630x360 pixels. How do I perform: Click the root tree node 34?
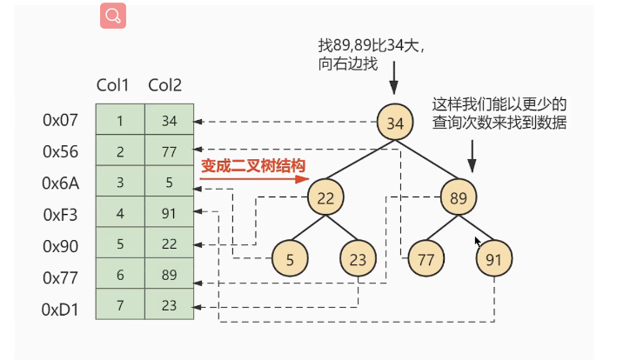click(394, 123)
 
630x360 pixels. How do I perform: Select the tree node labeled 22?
click(325, 197)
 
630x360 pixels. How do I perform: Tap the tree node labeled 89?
click(458, 197)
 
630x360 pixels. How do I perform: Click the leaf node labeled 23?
click(358, 258)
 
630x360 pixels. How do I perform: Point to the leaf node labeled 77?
click(426, 258)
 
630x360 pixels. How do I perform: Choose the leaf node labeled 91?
click(493, 258)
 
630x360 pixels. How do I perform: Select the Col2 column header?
click(164, 84)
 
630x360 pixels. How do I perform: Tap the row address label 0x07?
click(61, 120)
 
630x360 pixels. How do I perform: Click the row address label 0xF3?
click(61, 214)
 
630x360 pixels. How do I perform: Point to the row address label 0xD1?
click(61, 308)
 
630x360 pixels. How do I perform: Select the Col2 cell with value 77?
click(169, 151)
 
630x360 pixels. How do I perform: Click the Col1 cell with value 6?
click(119, 277)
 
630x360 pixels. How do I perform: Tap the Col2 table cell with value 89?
click(169, 277)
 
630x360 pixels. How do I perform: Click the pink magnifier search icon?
click(114, 16)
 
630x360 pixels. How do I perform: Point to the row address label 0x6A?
click(61, 183)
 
